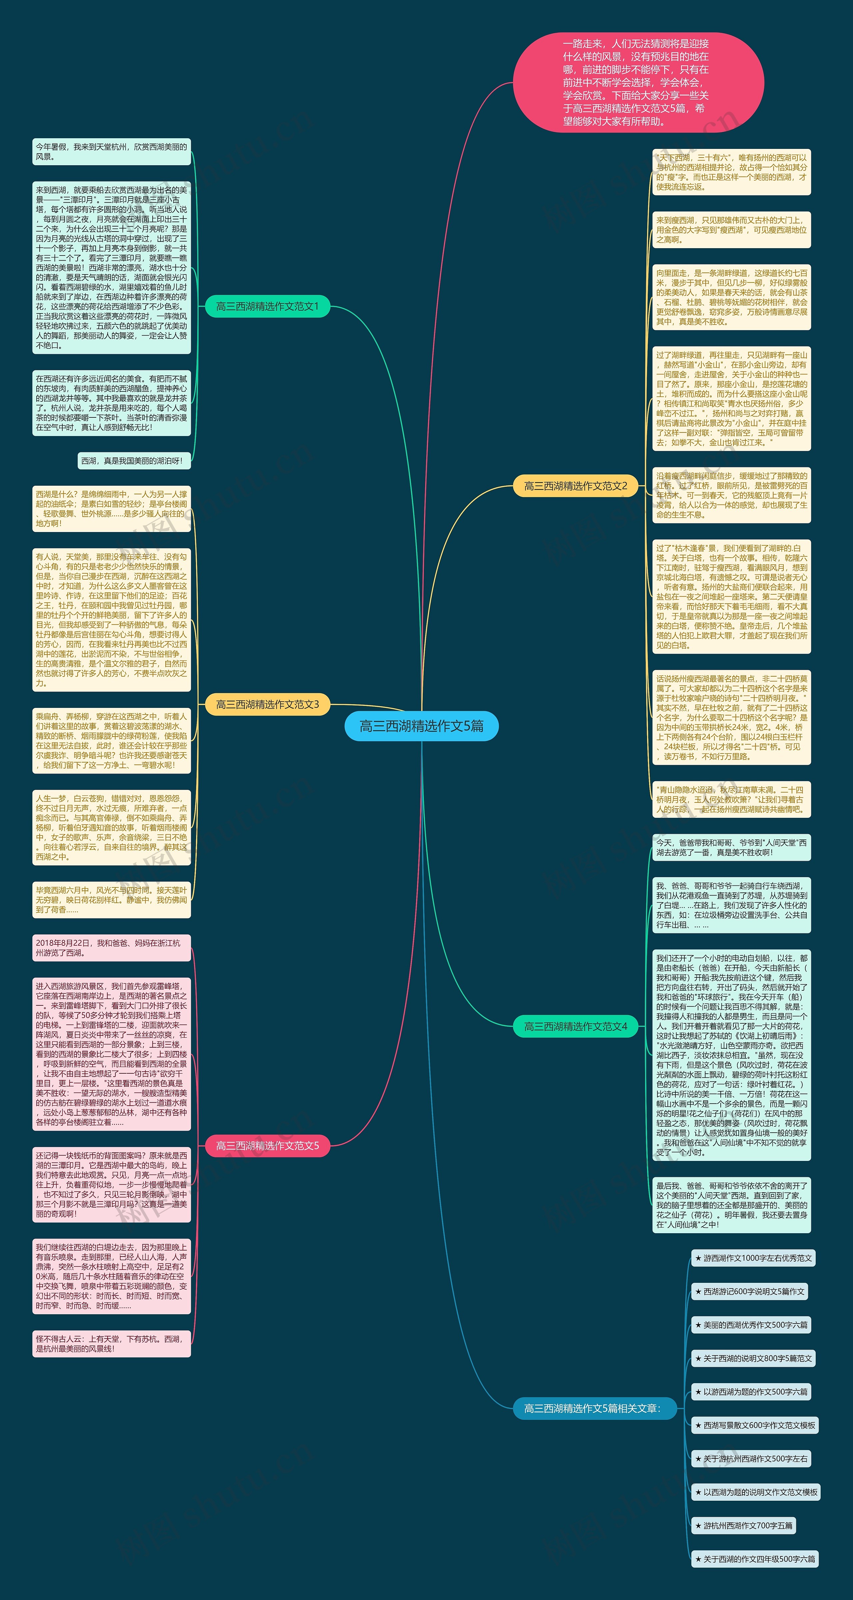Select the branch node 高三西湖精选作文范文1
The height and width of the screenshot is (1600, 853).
pyautogui.click(x=267, y=306)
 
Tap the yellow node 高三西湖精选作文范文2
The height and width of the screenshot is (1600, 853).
pyautogui.click(x=575, y=486)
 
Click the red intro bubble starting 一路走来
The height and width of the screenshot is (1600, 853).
pyautogui.click(x=638, y=82)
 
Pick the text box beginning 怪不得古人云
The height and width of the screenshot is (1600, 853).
pyautogui.click(x=111, y=1343)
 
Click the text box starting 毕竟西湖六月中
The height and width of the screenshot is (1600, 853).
pyautogui.click(x=111, y=899)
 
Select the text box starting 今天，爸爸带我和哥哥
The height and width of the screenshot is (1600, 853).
pyautogui.click(x=731, y=847)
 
